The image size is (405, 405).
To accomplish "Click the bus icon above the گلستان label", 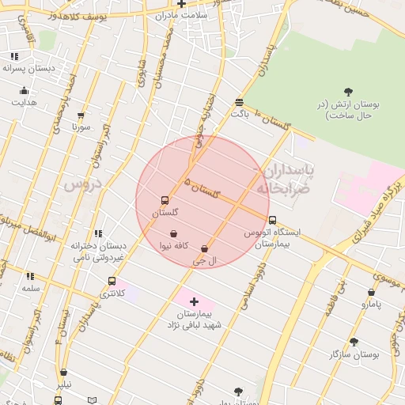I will tap(165, 200).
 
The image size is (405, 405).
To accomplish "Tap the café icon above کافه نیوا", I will tap(173, 233).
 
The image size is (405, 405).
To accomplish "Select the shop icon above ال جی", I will tap(205, 248).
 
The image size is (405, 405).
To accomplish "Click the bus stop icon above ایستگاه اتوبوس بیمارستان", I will tap(273, 220).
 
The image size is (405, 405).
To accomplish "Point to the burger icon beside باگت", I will tap(239, 101).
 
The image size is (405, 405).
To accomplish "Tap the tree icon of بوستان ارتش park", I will tap(350, 92).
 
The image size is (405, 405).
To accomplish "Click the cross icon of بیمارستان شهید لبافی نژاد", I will tap(195, 301).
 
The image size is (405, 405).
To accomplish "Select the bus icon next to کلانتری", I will tap(112, 281).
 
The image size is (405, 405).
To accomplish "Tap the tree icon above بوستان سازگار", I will tap(354, 342).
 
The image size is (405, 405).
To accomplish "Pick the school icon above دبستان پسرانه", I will tap(14, 56).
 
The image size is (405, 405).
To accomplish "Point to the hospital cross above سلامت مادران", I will tap(181, 4).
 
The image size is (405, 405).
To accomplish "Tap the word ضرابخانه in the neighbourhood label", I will tap(278, 188).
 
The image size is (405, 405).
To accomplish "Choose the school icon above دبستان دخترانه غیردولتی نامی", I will tap(98, 233).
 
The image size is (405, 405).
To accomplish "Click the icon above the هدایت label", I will tap(24, 90).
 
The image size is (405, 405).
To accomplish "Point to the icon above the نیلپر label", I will tap(63, 372).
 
